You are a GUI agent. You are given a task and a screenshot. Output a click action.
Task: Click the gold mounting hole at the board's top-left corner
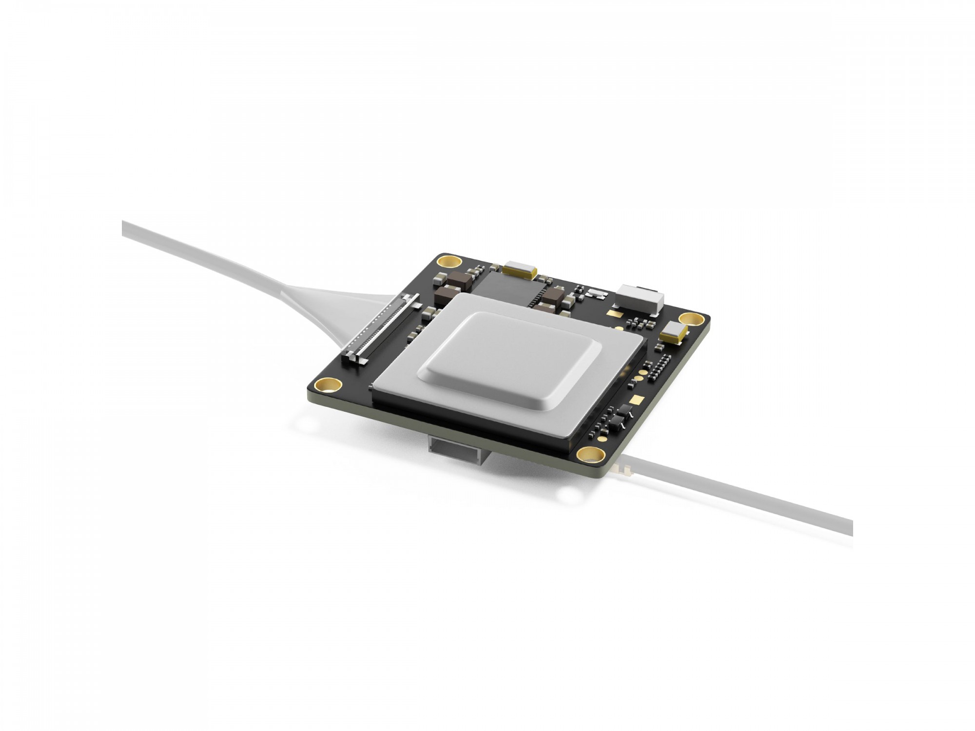(449, 261)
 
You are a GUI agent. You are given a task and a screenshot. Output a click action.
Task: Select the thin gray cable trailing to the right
(741, 492)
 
